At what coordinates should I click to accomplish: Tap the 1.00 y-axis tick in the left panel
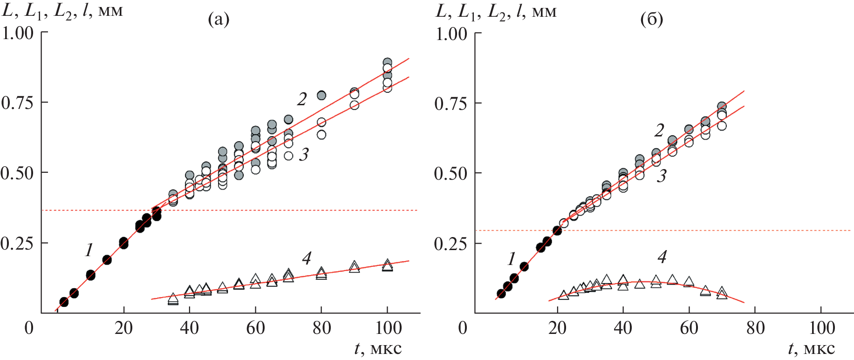18,33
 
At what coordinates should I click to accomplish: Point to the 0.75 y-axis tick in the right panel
451,103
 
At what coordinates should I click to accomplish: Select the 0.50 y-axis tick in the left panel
18,173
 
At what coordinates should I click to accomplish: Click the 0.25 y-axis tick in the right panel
451,244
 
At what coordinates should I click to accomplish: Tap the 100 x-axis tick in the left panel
387,328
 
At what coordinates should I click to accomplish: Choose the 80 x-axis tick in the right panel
755,328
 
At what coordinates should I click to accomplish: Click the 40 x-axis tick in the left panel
190,328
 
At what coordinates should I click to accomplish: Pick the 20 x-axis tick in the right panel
557,328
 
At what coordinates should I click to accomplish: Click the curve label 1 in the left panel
89,250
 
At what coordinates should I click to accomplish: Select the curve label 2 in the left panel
302,99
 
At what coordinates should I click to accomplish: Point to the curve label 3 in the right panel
661,176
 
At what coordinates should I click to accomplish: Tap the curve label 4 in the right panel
662,257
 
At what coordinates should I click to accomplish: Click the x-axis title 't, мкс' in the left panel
377,349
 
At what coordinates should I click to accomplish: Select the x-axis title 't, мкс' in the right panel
811,349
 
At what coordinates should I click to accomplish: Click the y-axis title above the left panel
62,10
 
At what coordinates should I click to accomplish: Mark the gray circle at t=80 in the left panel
321,95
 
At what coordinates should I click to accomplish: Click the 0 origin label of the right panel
463,328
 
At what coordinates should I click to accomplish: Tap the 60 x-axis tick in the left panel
255,328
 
